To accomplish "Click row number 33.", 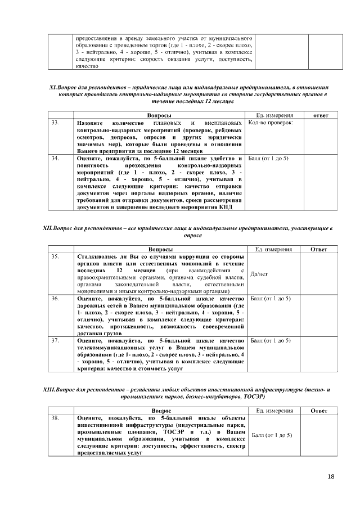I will (55, 123).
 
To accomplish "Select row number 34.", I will (55, 159).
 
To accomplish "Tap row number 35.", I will (55, 256).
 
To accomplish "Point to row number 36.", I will (55, 299).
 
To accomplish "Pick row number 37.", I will (55, 341).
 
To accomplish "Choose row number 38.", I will (55, 418).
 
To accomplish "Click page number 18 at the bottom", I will (331, 478).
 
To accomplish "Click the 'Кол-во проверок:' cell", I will (271, 123).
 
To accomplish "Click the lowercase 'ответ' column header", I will (323, 115).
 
